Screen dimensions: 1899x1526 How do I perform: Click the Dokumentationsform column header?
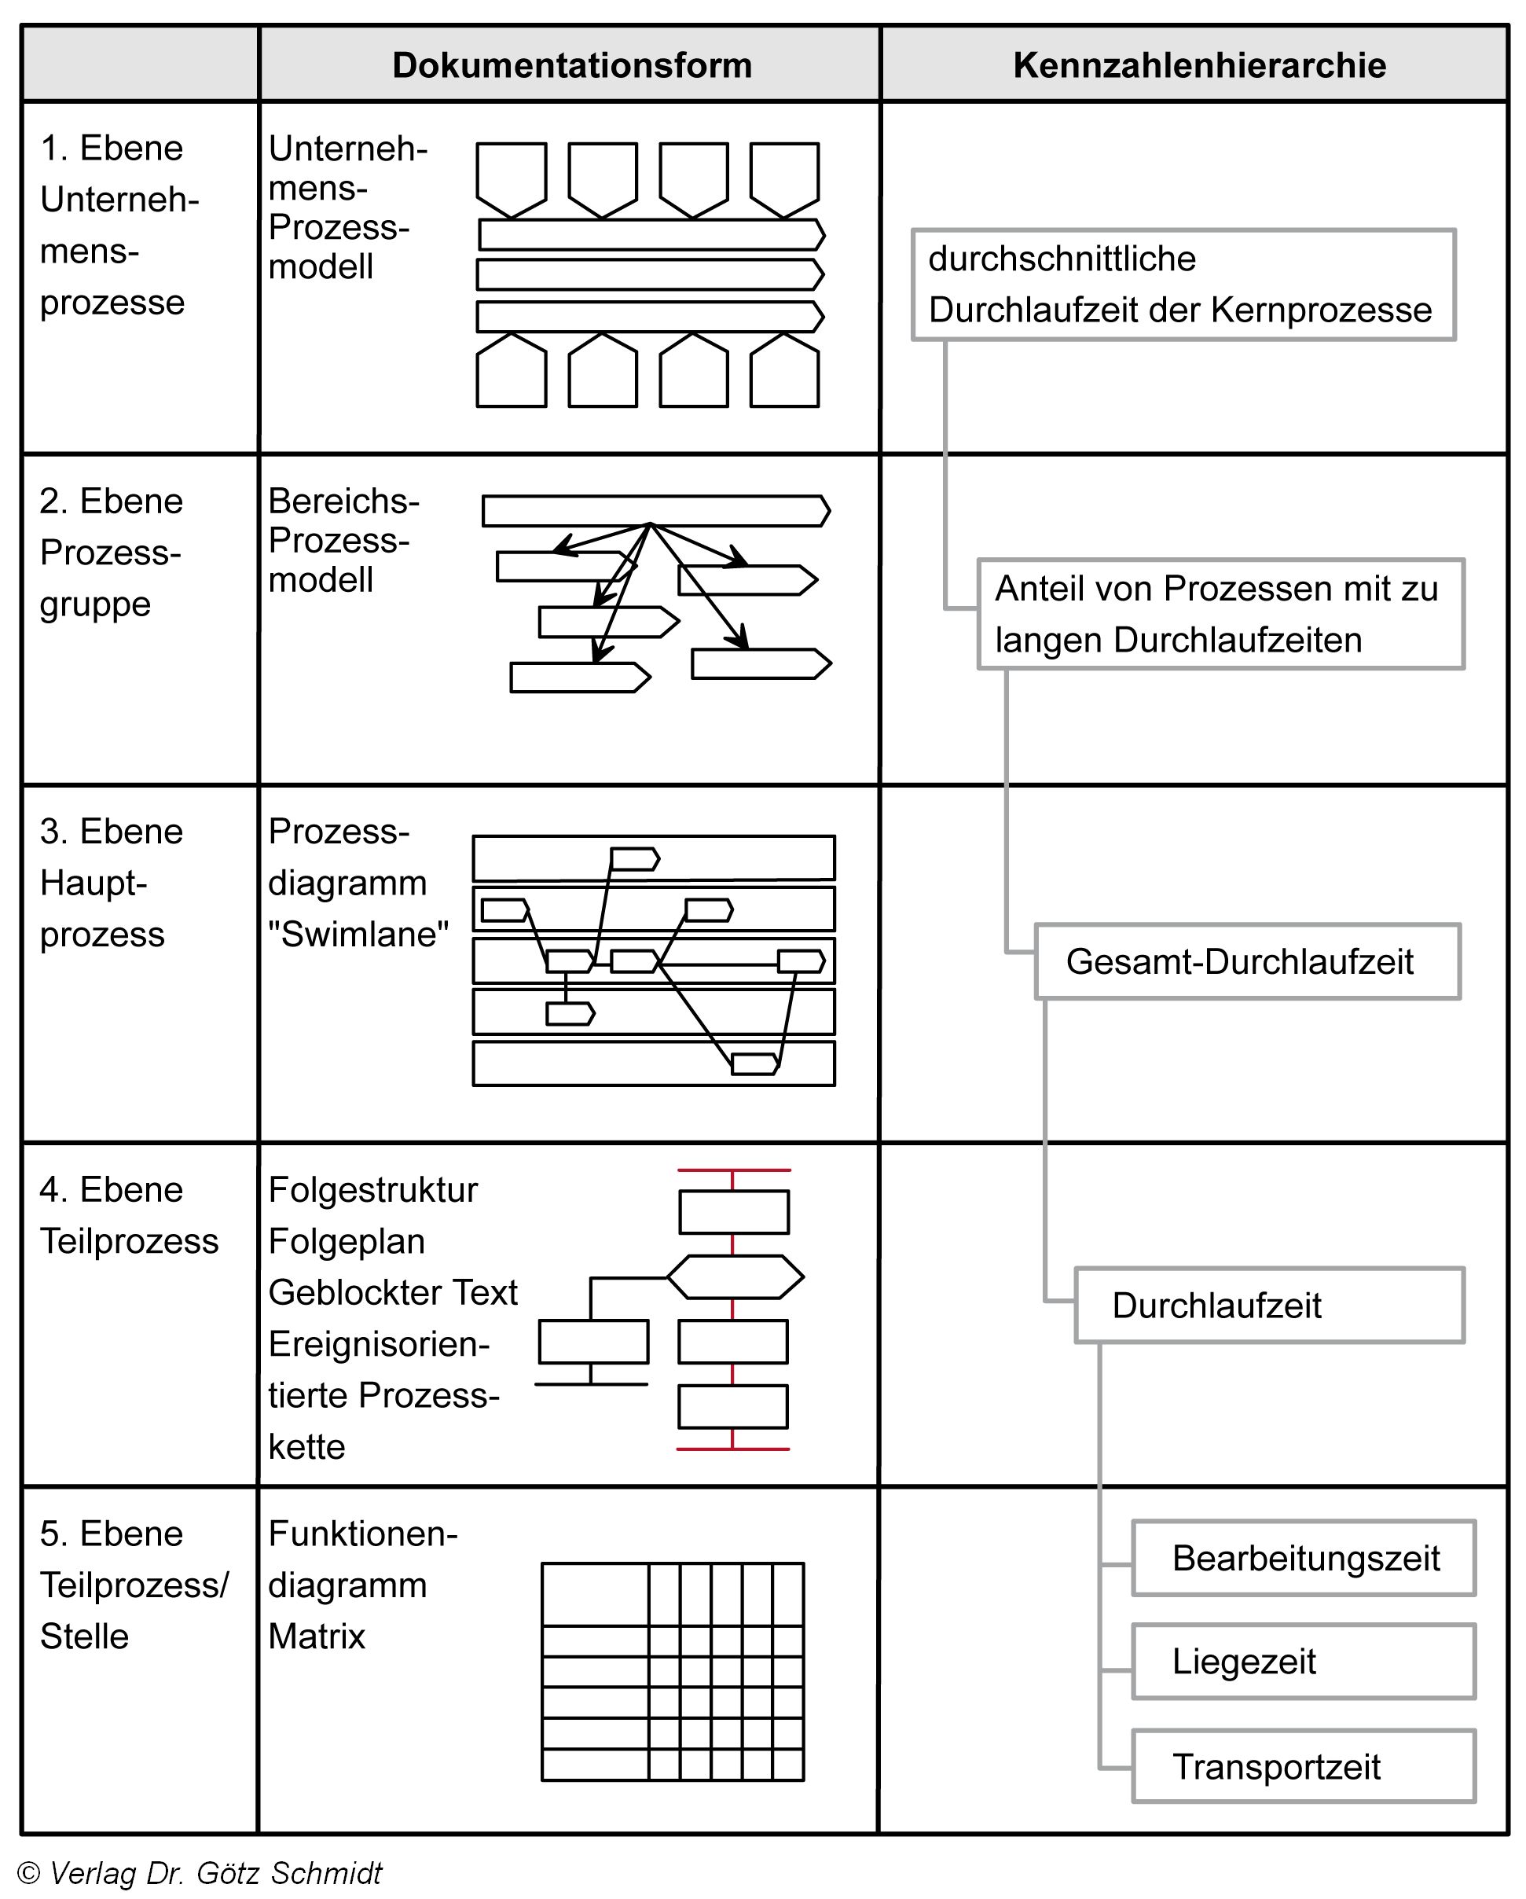[571, 65]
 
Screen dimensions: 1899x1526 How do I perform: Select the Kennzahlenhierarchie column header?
[1198, 65]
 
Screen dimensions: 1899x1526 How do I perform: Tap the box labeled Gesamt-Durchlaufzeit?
[1246, 961]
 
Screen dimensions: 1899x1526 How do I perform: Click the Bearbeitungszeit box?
[1302, 1557]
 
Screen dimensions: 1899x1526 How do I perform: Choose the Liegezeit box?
[1302, 1660]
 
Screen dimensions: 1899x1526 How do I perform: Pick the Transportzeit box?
[1302, 1765]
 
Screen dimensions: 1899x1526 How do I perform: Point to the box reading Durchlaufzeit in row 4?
[1268, 1305]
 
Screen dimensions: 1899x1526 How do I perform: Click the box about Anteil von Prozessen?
[1220, 614]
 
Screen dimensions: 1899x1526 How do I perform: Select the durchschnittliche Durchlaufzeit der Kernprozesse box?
[1183, 285]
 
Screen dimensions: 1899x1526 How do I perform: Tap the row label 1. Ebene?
[112, 148]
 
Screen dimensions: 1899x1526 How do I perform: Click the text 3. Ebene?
[112, 831]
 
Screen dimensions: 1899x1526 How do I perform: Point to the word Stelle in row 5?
[85, 1636]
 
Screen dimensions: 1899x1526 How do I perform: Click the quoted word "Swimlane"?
[358, 934]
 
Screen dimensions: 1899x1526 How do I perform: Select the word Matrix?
[316, 1636]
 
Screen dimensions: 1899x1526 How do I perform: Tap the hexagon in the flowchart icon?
[735, 1276]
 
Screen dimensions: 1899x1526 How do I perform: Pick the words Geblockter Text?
[393, 1292]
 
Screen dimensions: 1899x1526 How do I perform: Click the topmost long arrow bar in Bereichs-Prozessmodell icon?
[655, 511]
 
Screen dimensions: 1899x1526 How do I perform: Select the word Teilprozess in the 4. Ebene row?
[130, 1240]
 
